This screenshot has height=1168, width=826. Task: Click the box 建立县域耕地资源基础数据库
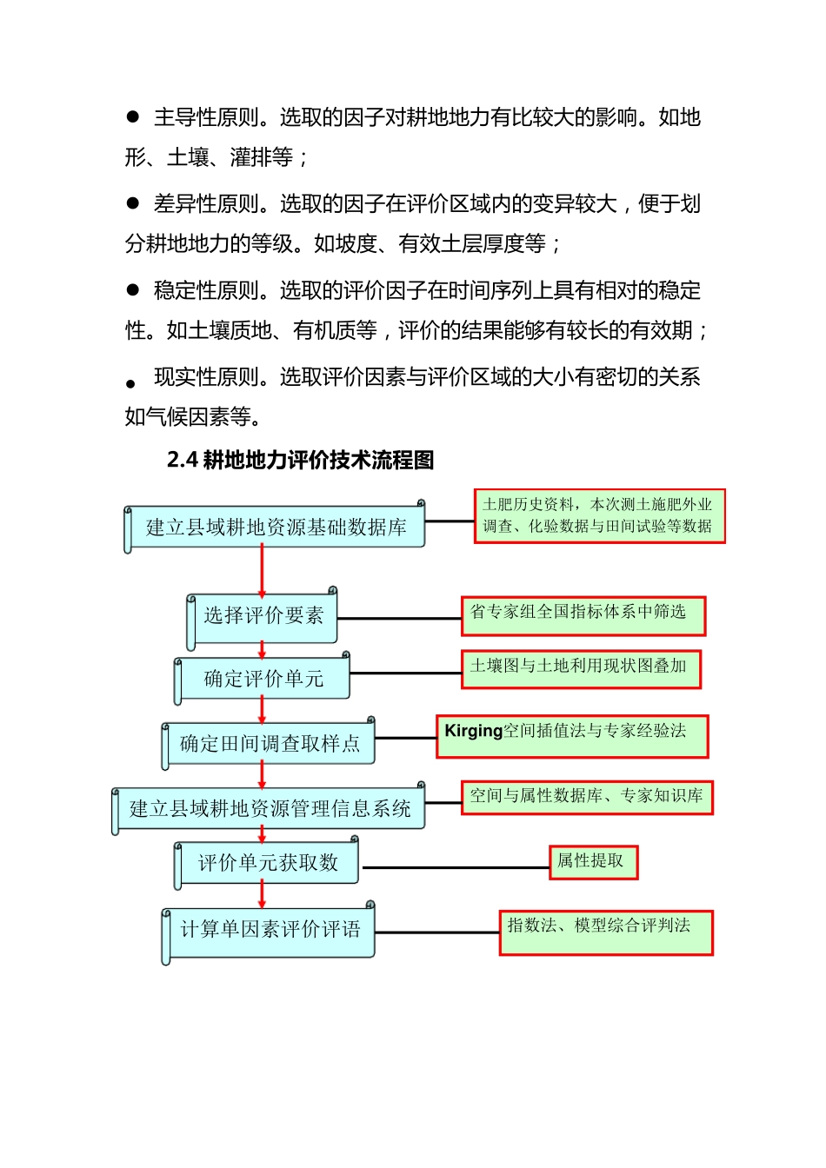[276, 528]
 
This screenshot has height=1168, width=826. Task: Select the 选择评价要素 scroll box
[263, 616]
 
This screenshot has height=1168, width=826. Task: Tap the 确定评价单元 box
[263, 679]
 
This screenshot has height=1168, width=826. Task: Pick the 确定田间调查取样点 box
[270, 744]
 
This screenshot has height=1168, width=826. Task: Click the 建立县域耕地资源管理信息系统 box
[270, 809]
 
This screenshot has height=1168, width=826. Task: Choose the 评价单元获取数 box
[268, 863]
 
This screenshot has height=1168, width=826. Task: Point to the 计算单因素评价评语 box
[270, 930]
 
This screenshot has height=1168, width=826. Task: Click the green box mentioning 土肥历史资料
[599, 516]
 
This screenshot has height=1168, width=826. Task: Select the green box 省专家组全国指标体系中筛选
[583, 615]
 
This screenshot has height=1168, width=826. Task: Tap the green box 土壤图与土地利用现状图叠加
[581, 669]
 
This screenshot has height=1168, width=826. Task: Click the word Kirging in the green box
[473, 731]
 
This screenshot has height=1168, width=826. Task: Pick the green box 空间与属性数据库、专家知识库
[587, 797]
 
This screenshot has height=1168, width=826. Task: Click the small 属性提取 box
[593, 862]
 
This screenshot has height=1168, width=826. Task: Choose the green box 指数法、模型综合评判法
[606, 932]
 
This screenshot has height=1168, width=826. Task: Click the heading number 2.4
[182, 460]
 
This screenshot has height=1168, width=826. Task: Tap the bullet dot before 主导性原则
[133, 116]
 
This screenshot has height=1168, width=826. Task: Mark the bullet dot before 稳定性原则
[133, 289]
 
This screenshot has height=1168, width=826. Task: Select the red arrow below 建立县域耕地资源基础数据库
[262, 569]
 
